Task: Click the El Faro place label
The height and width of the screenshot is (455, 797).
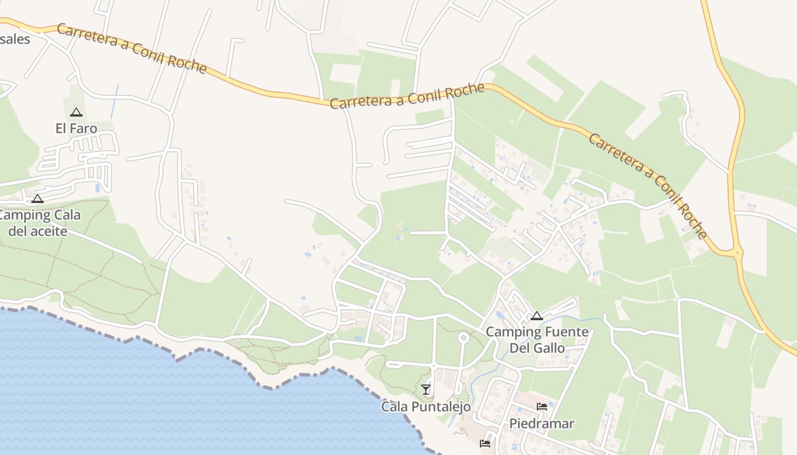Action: tap(76, 129)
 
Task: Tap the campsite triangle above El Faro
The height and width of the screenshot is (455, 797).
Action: tap(76, 113)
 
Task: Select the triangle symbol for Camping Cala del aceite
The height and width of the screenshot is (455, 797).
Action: tap(38, 199)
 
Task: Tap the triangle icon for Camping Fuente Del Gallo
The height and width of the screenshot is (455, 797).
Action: tap(536, 316)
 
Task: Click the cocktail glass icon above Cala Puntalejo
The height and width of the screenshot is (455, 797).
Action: tap(426, 390)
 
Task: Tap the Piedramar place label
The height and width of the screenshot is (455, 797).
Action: tap(541, 424)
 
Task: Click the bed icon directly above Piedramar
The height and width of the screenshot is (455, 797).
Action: tap(542, 407)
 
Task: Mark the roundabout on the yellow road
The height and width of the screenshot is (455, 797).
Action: tap(738, 251)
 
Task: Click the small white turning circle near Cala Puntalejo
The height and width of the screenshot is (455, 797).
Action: tap(463, 338)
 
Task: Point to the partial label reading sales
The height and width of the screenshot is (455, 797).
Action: tap(15, 39)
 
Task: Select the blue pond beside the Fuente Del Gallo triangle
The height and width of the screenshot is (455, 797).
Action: tap(501, 315)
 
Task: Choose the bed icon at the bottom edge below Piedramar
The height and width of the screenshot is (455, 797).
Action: tap(485, 443)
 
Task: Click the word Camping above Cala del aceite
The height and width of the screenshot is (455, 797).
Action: tap(22, 216)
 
